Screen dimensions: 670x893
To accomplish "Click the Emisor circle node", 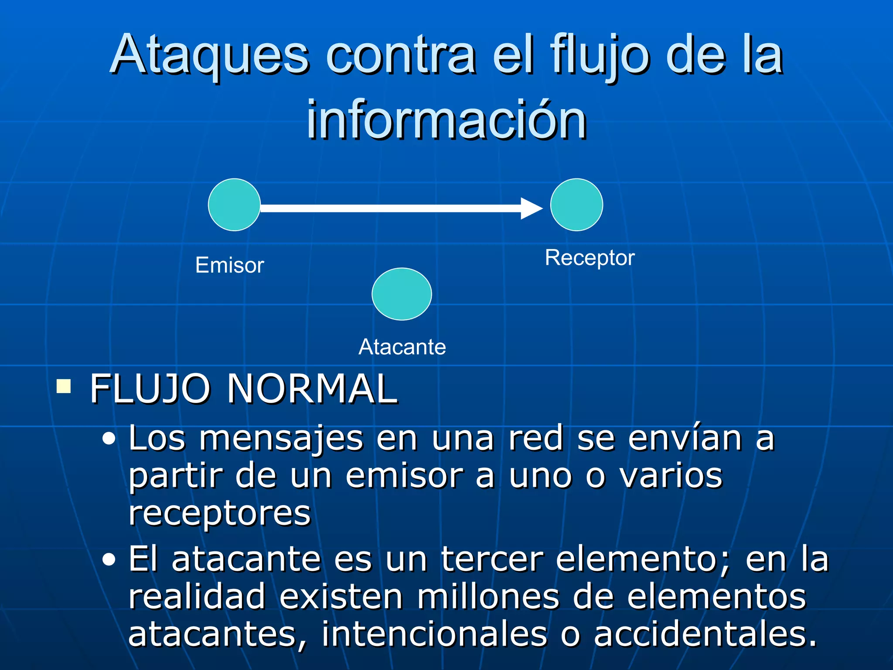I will [x=234, y=205].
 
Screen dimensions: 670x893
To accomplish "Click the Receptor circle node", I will [x=576, y=205].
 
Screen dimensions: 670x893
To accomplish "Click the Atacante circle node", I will [x=402, y=294].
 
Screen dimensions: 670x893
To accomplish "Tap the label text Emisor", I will [x=230, y=265].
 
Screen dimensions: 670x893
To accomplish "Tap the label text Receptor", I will [x=590, y=257].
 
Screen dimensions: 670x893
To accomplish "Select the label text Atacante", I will [x=402, y=347].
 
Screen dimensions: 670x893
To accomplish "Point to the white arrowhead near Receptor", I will [x=531, y=209].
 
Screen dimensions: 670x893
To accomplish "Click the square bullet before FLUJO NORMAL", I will [x=64, y=386].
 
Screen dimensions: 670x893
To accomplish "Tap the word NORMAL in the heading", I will [x=312, y=389].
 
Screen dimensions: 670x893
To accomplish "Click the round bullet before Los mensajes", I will [x=109, y=439].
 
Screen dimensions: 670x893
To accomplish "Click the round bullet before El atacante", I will [x=109, y=560].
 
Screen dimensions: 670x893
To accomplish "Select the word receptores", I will [x=219, y=514].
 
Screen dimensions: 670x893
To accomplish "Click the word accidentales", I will [x=705, y=634].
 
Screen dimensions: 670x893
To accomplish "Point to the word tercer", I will [x=492, y=559].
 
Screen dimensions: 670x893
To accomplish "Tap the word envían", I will [x=685, y=438].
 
